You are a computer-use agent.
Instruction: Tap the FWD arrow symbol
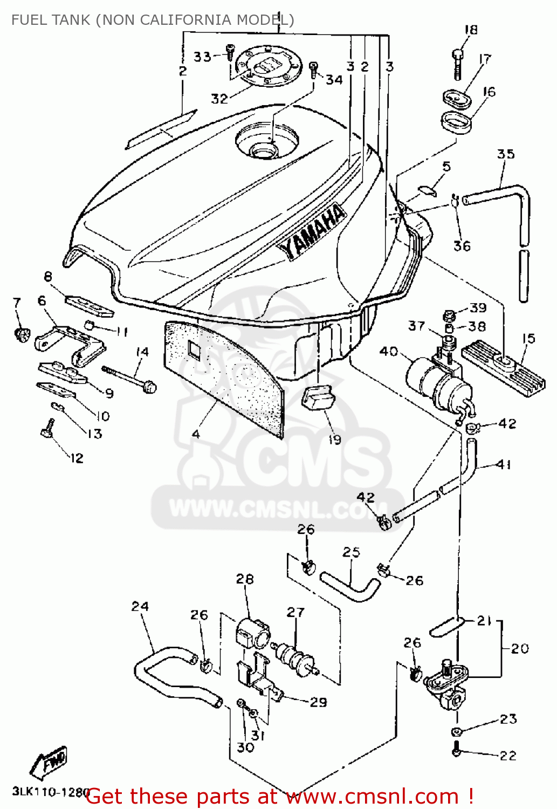tap(49, 762)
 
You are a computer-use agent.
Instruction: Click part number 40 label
tap(388, 352)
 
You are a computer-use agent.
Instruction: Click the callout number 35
tap(505, 154)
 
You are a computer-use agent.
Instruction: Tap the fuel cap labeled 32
tap(268, 67)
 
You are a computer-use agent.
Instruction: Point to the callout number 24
tap(140, 606)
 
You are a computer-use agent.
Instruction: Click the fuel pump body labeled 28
tap(252, 634)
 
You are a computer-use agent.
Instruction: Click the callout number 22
tap(508, 756)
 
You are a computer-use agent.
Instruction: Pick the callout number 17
tap(485, 59)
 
